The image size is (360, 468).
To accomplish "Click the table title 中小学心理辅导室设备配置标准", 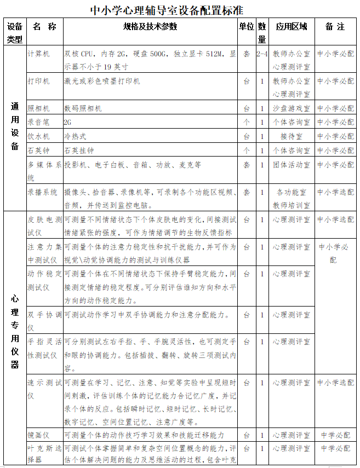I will pyautogui.click(x=167, y=10).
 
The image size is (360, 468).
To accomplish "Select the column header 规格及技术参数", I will pyautogui.click(x=150, y=26).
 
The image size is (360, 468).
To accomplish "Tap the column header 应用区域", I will pyautogui.click(x=291, y=26).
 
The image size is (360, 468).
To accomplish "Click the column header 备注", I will pyautogui.click(x=335, y=26).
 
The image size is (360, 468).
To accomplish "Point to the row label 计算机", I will pyautogui.click(x=39, y=54).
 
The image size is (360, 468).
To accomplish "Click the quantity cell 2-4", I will pyautogui.click(x=261, y=54).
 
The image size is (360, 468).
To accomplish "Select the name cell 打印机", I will pyautogui.click(x=39, y=80).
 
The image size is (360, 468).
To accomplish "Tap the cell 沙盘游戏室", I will pyautogui.click(x=291, y=108).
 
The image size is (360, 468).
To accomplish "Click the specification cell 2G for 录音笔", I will pyautogui.click(x=68, y=122).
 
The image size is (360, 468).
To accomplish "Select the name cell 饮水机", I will pyautogui.click(x=39, y=136).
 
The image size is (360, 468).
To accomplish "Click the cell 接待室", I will pyautogui.click(x=291, y=136).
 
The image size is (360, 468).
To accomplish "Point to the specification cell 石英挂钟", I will pyautogui.click(x=79, y=150).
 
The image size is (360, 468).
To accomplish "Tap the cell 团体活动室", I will pyautogui.click(x=291, y=164).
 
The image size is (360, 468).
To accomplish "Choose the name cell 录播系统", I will pyautogui.click(x=43, y=192).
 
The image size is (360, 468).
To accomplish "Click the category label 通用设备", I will pyautogui.click(x=15, y=126).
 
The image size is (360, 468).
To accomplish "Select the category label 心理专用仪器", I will pyautogui.click(x=15, y=332).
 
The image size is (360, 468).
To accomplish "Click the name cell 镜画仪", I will pyautogui.click(x=39, y=435).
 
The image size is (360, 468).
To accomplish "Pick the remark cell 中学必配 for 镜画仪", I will pyautogui.click(x=335, y=435).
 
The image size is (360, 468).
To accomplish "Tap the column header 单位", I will pyautogui.click(x=247, y=26).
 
